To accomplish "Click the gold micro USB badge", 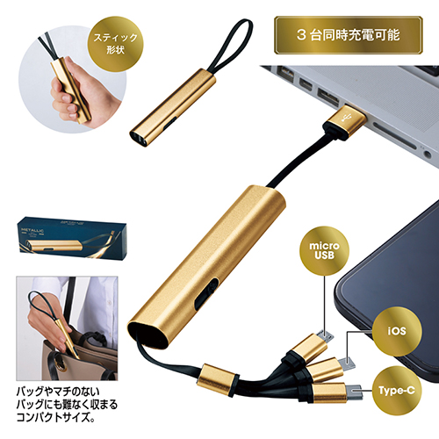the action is [x=324, y=250].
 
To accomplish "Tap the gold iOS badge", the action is [x=397, y=331].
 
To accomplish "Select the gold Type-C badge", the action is [x=397, y=390].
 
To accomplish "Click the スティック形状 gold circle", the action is [x=115, y=44].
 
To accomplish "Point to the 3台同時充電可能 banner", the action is [x=349, y=35].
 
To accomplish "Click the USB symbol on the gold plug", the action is [x=348, y=118].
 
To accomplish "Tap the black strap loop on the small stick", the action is [x=232, y=47].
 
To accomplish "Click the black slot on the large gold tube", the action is [x=206, y=293].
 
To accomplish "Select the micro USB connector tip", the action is [x=327, y=336].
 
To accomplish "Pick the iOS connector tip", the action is [x=348, y=363].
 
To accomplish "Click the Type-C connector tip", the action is [x=355, y=392].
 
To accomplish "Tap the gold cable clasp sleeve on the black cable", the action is [x=217, y=379].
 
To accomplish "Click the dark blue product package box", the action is [x=72, y=238].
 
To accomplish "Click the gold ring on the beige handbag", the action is [x=60, y=363].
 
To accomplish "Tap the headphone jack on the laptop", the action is [x=428, y=153].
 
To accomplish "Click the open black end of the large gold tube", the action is [x=148, y=335].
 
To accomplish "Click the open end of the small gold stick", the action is [x=139, y=139].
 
